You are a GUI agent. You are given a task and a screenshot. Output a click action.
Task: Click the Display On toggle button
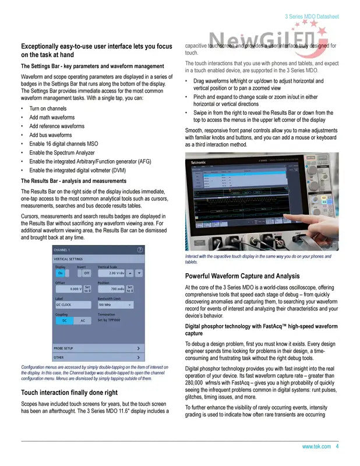(x=60, y=273)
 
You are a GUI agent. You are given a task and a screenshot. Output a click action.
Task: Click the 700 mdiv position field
(x=111, y=288)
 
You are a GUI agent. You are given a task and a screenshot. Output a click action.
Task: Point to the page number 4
(x=337, y=447)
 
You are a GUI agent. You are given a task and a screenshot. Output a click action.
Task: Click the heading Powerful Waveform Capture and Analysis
(x=242, y=276)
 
